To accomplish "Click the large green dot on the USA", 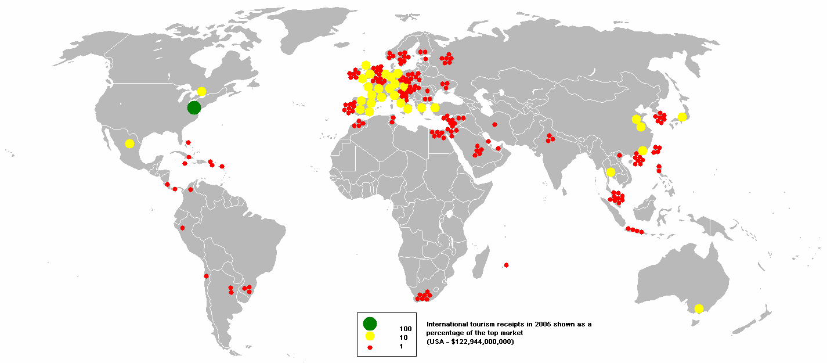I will point(194,107).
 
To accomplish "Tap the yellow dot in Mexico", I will point(129,143).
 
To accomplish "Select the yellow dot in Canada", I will point(201,91).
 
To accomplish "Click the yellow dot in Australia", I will point(699,308).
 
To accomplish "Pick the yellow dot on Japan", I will point(682,117).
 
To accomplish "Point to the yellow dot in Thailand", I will point(610,172).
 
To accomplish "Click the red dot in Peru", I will point(182,228).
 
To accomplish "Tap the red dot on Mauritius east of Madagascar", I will point(506,265).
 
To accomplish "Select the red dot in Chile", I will point(206,276).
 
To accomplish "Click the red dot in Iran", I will point(494,124).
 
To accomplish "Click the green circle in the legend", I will point(370,324).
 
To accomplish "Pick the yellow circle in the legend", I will point(370,336).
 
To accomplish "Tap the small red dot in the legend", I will point(370,347).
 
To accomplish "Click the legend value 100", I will point(406,329).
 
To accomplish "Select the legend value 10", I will point(403,337).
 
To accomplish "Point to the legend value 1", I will point(400,346).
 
